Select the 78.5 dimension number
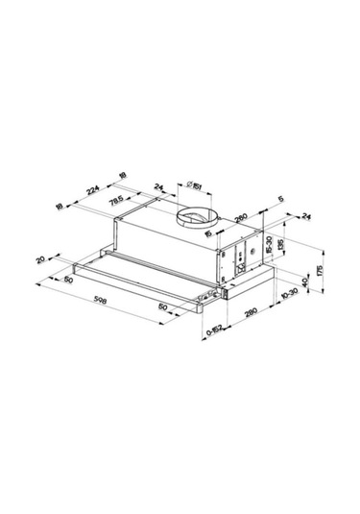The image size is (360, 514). (x=117, y=201)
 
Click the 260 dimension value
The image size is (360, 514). (x=241, y=216)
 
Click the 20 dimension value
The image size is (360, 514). (x=41, y=257)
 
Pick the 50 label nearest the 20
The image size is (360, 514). (x=69, y=280)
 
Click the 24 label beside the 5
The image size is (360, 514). (x=306, y=216)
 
